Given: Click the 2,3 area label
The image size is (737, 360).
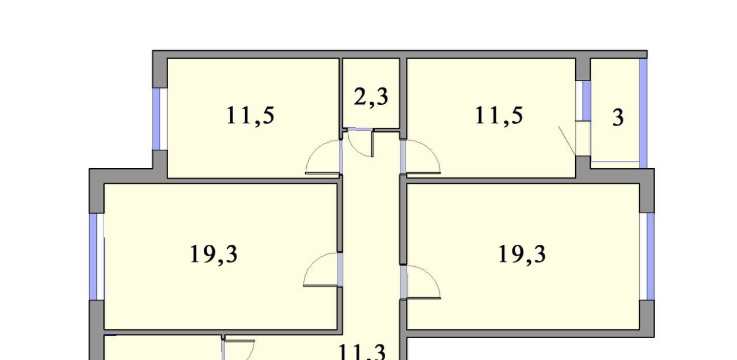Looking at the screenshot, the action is coord(371,97).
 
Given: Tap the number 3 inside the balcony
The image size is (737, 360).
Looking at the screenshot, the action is coord(618,118).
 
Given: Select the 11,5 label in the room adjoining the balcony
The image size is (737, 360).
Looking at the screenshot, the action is coord(499,116).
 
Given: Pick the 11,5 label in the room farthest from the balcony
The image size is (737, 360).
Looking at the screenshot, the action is coord(250,116).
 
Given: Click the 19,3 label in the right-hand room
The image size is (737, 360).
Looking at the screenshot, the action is coord(522,254).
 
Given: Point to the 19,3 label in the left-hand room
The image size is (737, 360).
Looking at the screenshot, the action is coord(214,254).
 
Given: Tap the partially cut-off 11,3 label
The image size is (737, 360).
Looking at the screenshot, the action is coord(361,352).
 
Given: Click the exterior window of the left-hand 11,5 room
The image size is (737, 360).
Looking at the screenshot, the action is coord(157,119).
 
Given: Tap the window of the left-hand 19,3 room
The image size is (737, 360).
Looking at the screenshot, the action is coord(94,257).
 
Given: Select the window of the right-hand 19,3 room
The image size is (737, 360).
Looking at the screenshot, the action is coord(650,256).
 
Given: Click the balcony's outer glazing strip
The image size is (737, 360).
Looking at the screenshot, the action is coord(643,113).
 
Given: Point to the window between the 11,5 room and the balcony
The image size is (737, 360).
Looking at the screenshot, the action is coord(587,101).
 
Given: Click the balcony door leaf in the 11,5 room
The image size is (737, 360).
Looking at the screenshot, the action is coord(567,141).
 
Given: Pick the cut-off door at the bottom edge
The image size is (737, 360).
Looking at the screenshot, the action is coord(238,350).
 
